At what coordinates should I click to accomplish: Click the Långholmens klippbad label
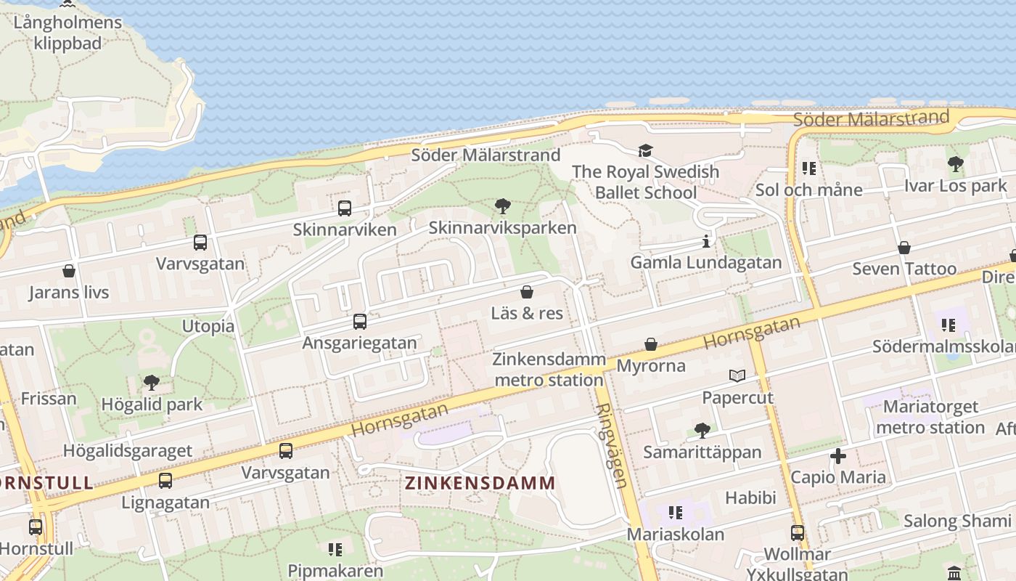68,33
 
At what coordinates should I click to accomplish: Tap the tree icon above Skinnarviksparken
502,206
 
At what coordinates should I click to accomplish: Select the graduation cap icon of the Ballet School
645,150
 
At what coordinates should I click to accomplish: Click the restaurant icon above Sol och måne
809,168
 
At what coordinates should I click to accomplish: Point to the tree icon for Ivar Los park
956,164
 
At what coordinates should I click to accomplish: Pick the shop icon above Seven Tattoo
904,248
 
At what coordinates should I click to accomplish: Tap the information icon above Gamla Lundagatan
706,241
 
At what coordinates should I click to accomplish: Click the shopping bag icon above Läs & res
527,292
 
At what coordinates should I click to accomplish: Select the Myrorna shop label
651,365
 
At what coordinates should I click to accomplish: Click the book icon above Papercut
737,375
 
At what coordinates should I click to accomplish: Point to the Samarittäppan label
702,452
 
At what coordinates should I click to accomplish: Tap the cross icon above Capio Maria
838,456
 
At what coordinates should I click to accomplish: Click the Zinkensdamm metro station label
549,369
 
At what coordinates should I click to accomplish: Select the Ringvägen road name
610,444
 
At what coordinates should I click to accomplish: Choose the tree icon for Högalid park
152,382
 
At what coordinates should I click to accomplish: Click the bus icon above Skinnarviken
345,208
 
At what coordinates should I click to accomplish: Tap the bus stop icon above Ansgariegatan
360,321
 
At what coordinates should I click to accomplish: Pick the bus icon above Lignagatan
165,480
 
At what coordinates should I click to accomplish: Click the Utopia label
208,326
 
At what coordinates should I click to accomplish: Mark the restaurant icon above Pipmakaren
335,549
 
